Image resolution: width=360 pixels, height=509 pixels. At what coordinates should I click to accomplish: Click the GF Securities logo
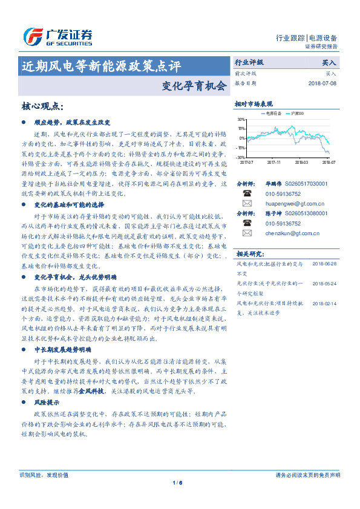pos(57,36)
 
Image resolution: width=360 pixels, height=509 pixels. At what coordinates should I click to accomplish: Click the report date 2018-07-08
pos(322,83)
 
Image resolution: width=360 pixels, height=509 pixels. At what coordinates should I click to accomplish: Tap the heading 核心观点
pos(42,106)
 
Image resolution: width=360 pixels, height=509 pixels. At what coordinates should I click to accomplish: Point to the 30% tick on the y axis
pos(241,120)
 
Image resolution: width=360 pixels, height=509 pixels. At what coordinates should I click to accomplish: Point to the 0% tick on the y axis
pos(243,138)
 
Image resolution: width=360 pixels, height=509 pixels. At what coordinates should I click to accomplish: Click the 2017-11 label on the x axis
pos(273,162)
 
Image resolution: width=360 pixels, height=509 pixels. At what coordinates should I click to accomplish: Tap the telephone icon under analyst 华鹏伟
pos(246,194)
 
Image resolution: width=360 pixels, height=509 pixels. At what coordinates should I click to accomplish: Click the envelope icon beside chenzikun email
pos(246,233)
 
